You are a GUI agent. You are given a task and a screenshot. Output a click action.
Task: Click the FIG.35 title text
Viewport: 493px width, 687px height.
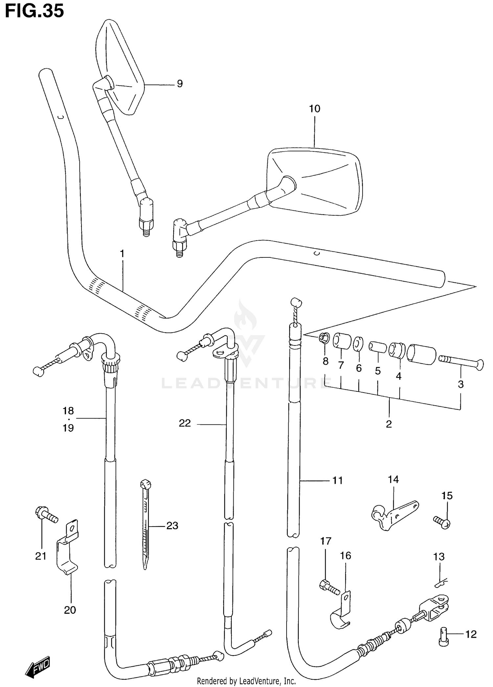click(34, 11)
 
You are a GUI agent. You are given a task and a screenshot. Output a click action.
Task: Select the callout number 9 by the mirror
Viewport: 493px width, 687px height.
click(179, 84)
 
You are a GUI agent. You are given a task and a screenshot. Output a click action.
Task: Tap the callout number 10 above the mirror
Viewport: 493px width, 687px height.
click(314, 109)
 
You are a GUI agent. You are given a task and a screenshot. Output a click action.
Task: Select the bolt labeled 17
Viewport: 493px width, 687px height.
click(329, 587)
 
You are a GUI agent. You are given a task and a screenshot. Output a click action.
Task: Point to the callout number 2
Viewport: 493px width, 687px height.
click(389, 424)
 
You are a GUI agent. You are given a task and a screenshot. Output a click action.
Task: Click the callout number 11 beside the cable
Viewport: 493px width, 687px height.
click(338, 481)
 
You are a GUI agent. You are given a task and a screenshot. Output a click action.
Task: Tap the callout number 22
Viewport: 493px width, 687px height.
click(185, 423)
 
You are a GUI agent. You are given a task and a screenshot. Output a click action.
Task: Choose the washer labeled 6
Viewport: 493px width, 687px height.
click(358, 344)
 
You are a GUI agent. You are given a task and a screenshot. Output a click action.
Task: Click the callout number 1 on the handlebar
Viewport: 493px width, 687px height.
click(122, 254)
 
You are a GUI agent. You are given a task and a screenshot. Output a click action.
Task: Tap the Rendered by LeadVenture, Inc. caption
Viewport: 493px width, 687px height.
click(246, 681)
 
